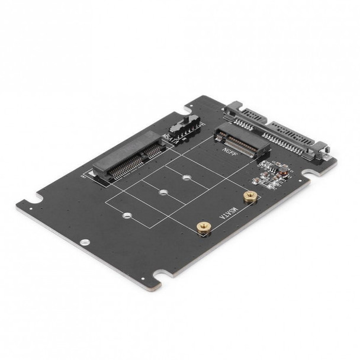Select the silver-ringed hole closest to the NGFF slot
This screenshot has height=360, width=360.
(x=187, y=176)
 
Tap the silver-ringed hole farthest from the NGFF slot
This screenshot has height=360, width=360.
(x=125, y=215)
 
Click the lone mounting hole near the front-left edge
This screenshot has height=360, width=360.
(x=85, y=242)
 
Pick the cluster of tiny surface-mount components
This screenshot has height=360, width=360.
(x=276, y=174)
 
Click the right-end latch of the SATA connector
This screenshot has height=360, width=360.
(x=323, y=153)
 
